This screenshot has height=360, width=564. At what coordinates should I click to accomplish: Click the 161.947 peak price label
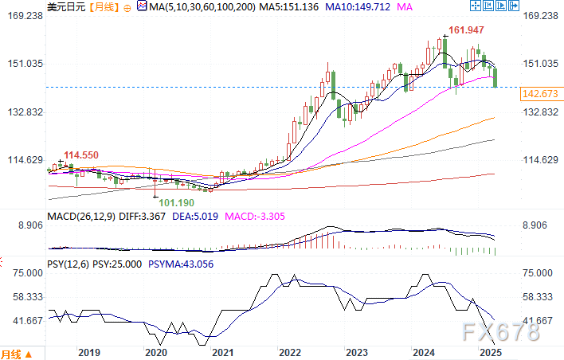click(467, 31)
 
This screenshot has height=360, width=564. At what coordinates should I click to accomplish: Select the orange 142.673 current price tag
click(539, 94)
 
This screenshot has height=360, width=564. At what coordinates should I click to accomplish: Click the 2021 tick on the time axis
click(222, 352)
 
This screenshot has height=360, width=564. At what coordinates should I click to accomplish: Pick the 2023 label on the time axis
click(357, 352)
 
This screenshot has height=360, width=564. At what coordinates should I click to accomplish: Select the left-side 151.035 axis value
click(24, 64)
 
